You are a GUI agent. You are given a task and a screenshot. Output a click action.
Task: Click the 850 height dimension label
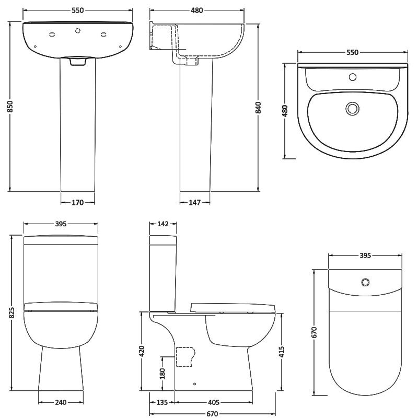coord(10,107)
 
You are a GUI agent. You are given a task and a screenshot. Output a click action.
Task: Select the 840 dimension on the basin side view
coord(258,108)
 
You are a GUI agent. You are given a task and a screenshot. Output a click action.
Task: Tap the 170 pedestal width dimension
coord(77,203)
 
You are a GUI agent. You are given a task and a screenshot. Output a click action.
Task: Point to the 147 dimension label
coord(194,203)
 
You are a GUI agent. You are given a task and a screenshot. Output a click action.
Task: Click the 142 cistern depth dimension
coord(163,224)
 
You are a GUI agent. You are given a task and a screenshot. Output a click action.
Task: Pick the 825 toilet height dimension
coord(11,312)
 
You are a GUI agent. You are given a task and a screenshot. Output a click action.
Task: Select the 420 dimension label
coord(142,351)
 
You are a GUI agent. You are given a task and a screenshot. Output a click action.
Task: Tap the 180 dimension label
coord(162,374)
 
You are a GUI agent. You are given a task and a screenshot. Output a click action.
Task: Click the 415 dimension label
coord(282,352)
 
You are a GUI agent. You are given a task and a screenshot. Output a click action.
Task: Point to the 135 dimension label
coord(162,402)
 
